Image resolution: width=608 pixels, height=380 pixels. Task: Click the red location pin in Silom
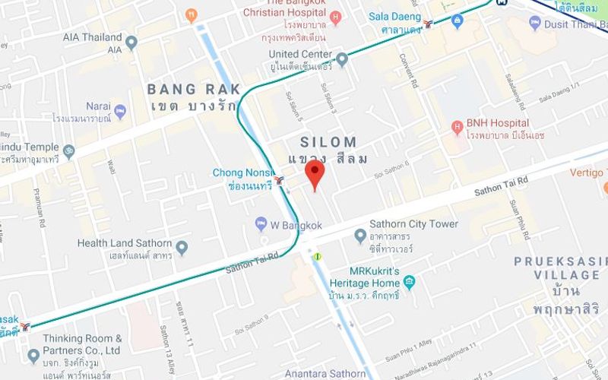pos(315,174)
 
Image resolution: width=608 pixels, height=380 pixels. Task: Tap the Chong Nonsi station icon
pos(280,180)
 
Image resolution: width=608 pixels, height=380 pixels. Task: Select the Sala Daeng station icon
pos(432,23)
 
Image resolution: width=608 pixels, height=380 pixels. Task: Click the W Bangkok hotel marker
pos(261,225)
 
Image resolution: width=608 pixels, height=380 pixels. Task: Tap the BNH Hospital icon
pos(457,125)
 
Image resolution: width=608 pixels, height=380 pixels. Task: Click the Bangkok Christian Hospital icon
pos(336,17)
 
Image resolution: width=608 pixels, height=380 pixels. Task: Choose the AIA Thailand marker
pos(131,42)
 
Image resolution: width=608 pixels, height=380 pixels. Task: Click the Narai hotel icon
pos(119,112)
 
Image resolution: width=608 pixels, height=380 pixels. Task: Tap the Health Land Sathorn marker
pos(182,248)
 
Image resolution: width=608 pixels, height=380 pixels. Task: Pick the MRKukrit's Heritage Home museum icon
pos(410,283)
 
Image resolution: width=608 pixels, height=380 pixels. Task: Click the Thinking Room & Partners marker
pos(33,355)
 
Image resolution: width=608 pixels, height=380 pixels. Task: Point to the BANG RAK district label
pos(194,90)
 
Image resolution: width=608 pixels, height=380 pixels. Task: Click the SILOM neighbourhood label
pos(328,142)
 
